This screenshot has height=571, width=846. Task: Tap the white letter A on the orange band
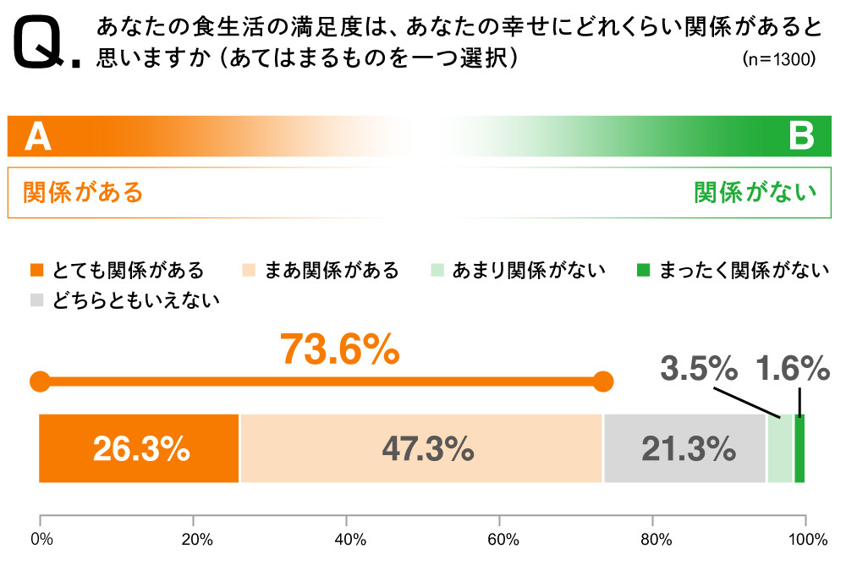[x=37, y=136]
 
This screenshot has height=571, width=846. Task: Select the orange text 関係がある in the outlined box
[x=83, y=192]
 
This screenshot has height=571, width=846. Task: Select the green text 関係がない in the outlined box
[x=755, y=192]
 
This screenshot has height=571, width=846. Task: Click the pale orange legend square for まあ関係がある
[x=248, y=271]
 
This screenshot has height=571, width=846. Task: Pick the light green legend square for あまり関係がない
[x=437, y=271]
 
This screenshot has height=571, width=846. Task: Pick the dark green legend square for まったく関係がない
[x=643, y=271]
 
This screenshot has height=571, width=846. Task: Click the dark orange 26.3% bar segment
[x=140, y=448]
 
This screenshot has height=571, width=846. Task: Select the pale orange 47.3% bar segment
[x=421, y=448]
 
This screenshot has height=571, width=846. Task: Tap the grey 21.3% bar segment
[x=685, y=448]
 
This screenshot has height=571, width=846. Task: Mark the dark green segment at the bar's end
[x=799, y=448]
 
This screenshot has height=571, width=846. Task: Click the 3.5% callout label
[x=698, y=369]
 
